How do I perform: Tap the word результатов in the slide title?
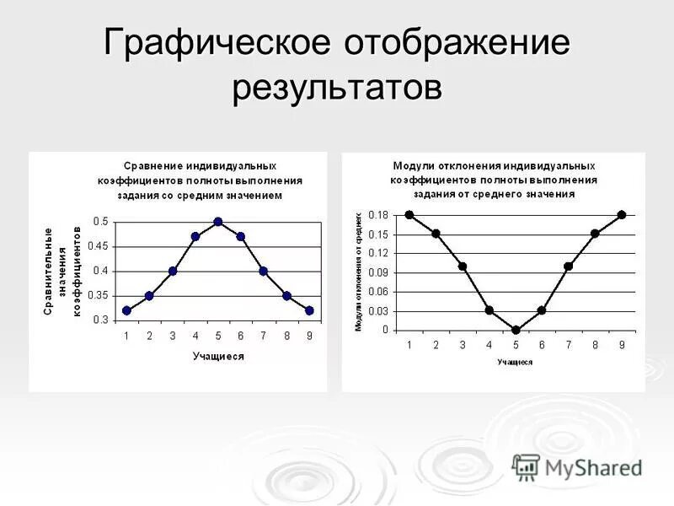coord(337,87)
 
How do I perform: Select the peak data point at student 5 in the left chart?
coord(218,222)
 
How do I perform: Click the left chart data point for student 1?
coord(126,310)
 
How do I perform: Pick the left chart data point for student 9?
coord(309,310)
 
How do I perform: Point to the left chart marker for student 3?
coord(173,272)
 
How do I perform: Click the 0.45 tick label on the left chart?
coord(99,246)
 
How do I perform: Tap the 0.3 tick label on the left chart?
coord(102,320)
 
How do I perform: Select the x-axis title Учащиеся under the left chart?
coord(218,357)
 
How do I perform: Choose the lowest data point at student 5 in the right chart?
coord(516,330)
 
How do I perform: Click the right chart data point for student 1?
coord(409,214)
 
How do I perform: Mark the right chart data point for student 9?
coord(622,214)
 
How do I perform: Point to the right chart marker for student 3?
coord(463,266)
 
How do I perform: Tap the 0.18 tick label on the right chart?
coord(379,215)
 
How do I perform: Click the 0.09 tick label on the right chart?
coord(379,272)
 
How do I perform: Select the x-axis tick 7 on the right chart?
coord(569,345)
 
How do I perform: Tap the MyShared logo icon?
coord(526,466)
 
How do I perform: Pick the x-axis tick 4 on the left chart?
coord(195,336)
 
